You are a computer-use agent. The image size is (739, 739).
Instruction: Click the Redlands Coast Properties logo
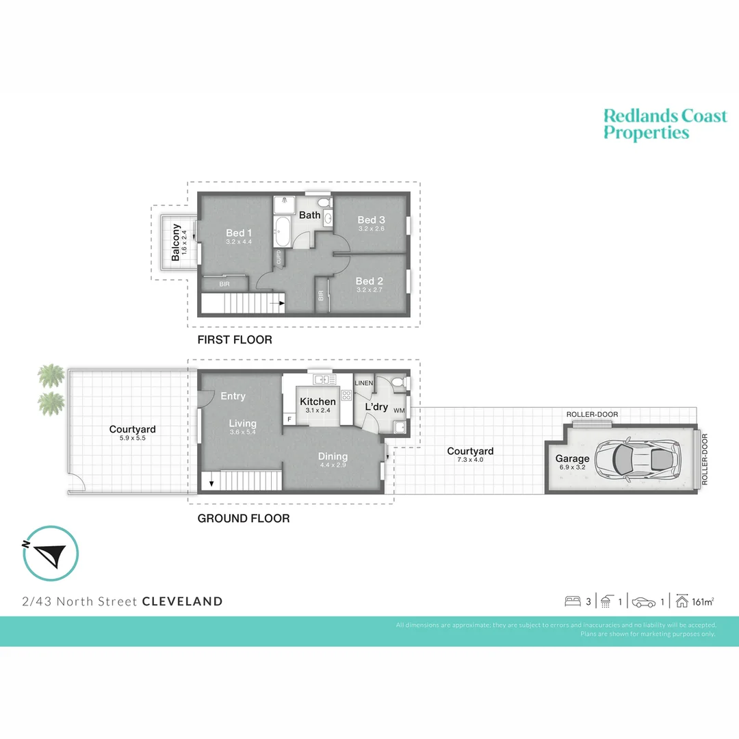click(x=664, y=124)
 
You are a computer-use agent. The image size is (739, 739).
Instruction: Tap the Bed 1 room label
click(x=239, y=233)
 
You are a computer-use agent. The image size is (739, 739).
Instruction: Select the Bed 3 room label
click(x=371, y=220)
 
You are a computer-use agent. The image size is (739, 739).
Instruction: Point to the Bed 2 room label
click(x=369, y=281)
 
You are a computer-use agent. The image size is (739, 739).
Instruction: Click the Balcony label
click(x=176, y=242)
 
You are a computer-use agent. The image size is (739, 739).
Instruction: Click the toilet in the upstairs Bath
click(x=322, y=203)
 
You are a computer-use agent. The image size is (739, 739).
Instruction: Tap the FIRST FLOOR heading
click(x=235, y=340)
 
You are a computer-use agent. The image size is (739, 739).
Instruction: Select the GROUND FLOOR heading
click(x=243, y=519)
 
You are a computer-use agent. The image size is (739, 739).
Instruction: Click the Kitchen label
click(x=318, y=402)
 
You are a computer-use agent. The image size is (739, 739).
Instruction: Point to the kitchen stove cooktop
click(x=346, y=395)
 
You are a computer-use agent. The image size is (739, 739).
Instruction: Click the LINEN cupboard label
click(x=364, y=383)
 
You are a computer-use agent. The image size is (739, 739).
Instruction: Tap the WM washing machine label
click(x=398, y=411)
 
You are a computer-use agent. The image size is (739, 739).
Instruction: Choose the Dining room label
click(x=333, y=456)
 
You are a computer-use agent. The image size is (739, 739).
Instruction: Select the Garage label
click(x=572, y=459)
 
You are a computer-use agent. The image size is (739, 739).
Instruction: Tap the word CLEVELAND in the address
click(x=182, y=602)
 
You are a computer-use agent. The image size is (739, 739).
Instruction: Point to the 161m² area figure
click(x=703, y=602)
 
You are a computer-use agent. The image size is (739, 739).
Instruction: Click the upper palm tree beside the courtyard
click(x=50, y=375)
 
